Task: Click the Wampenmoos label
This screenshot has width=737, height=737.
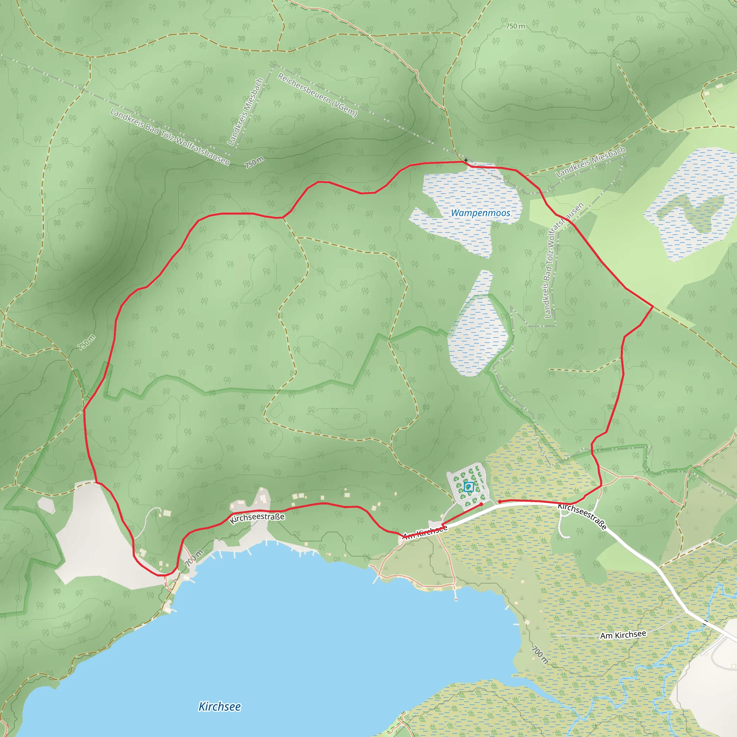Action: pyautogui.click(x=480, y=213)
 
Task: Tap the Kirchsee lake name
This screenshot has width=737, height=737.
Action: pyautogui.click(x=220, y=706)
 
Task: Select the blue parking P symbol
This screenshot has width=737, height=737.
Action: pyautogui.click(x=469, y=487)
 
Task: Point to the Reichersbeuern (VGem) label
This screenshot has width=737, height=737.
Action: pyautogui.click(x=317, y=95)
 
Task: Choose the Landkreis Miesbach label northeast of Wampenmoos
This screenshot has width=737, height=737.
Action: pyautogui.click(x=591, y=162)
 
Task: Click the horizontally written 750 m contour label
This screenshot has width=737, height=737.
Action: pyautogui.click(x=515, y=26)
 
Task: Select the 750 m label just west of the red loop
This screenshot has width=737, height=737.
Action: pyautogui.click(x=87, y=342)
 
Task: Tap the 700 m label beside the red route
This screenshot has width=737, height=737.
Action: pyautogui.click(x=194, y=558)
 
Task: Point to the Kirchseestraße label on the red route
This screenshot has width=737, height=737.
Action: pyautogui.click(x=257, y=518)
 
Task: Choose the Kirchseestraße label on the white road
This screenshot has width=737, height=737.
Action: pyautogui.click(x=582, y=516)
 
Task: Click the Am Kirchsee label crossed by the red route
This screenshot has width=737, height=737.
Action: pyautogui.click(x=425, y=532)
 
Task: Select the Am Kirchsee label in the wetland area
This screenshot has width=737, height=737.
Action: pyautogui.click(x=623, y=635)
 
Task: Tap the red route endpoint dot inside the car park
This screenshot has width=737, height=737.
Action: pyautogui.click(x=481, y=504)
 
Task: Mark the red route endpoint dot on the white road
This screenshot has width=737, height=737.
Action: pyautogui.click(x=500, y=502)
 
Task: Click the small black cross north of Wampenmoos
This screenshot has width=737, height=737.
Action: pyautogui.click(x=466, y=160)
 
